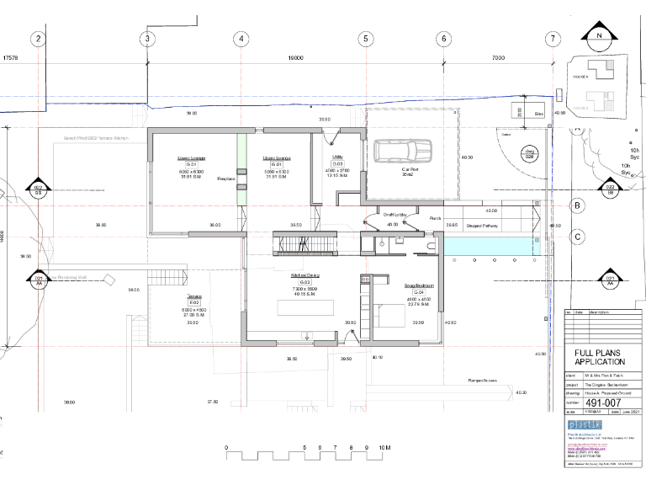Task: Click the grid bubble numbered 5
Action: point(365,39)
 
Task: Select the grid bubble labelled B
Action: point(578,205)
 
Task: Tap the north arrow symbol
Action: point(599,36)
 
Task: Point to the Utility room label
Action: point(337,157)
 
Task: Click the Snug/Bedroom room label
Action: point(418,286)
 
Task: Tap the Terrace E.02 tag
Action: point(193,302)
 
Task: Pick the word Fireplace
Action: point(225,179)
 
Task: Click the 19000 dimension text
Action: point(294,58)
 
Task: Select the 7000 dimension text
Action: point(499,58)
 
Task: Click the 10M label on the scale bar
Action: point(384,447)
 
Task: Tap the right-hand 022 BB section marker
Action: point(611,189)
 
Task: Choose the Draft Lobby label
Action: point(395,216)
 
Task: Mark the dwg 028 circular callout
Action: point(530,154)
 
